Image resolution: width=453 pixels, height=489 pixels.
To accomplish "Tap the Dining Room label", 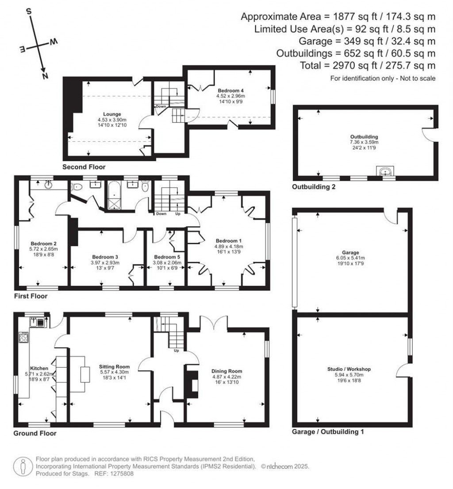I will click(x=227, y=371).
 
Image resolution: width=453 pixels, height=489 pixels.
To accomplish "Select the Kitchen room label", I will click(x=39, y=368).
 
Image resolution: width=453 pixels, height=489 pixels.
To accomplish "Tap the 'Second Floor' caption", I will click(x=84, y=167).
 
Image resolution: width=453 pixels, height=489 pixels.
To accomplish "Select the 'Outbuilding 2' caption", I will click(x=314, y=187).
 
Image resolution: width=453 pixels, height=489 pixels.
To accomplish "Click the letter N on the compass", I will click(x=45, y=76).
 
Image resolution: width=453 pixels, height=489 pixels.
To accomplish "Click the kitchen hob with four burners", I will click(x=23, y=338).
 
